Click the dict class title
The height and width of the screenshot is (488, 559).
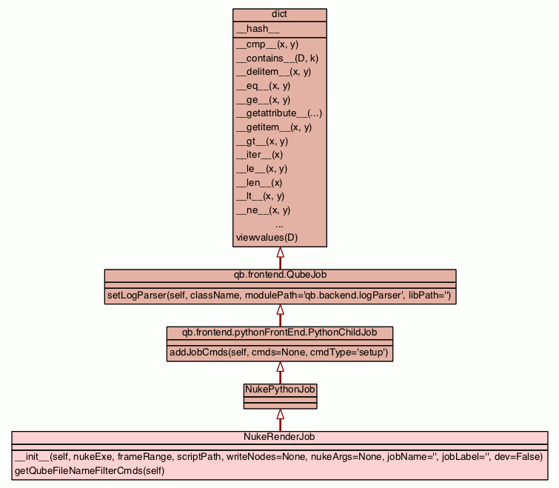tap(280, 15)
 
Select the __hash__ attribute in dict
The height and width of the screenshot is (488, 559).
tap(258, 29)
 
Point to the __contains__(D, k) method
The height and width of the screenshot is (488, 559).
tap(277, 58)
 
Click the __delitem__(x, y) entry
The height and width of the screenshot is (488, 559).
tap(273, 72)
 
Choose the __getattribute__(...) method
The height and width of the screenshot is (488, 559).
tap(278, 113)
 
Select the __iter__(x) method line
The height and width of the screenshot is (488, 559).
tap(259, 155)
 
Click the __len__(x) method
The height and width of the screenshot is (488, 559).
tap(259, 182)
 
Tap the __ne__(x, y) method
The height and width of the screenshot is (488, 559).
tap(263, 210)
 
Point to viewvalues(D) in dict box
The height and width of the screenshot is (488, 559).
tap(267, 238)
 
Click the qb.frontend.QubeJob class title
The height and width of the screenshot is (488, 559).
tap(280, 275)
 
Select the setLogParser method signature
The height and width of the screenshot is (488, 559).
tap(280, 295)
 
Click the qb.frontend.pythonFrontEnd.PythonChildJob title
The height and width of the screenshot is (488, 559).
tap(280, 332)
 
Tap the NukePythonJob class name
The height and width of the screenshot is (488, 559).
tap(281, 388)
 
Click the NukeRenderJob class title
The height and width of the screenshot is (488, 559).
tap(280, 437)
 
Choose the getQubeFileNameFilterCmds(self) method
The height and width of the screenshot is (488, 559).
tap(90, 470)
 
